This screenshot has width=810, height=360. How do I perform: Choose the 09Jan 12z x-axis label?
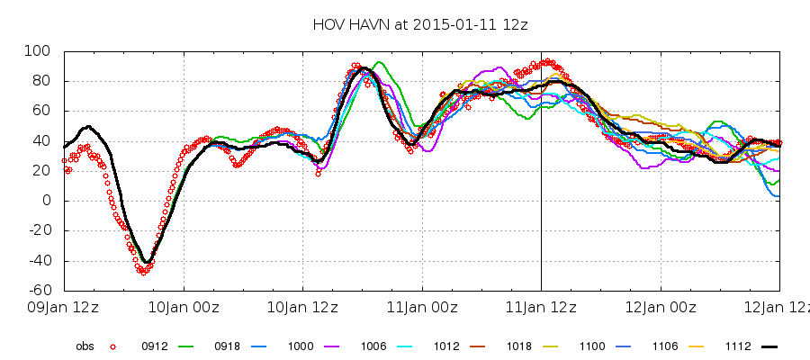click(x=64, y=307)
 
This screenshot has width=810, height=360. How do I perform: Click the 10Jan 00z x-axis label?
click(x=184, y=307)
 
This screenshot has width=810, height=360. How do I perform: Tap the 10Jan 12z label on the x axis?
click(x=302, y=307)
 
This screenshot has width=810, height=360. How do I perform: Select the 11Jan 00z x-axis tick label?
click(x=422, y=307)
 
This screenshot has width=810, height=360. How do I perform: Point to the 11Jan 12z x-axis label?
click(x=541, y=307)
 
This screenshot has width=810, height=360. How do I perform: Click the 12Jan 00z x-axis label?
click(x=661, y=307)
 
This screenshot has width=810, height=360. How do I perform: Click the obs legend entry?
click(x=85, y=345)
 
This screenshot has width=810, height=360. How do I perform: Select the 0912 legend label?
click(x=154, y=345)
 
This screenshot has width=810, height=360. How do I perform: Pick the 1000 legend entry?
click(x=300, y=345)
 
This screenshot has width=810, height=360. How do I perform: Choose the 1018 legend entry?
click(x=518, y=345)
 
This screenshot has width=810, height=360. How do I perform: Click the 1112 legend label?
click(x=737, y=345)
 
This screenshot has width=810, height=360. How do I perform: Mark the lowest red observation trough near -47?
click(x=142, y=271)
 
